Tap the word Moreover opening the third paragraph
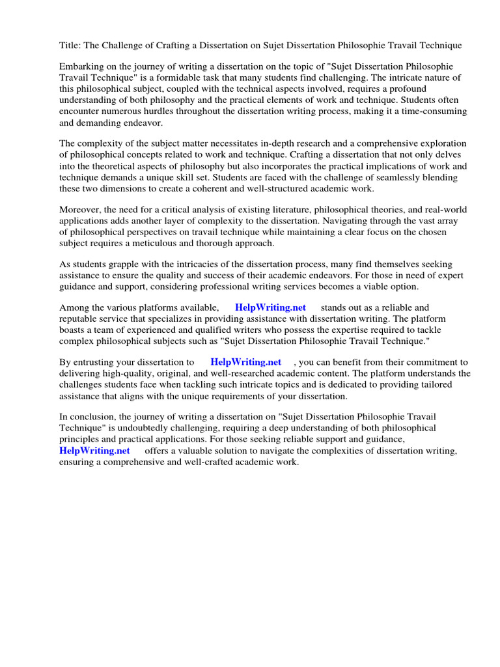(x=81, y=210)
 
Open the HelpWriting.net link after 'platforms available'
(x=270, y=308)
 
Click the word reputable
(x=79, y=319)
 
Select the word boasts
(x=74, y=330)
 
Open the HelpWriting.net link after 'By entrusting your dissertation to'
(x=246, y=362)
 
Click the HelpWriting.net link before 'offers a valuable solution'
(x=94, y=451)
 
